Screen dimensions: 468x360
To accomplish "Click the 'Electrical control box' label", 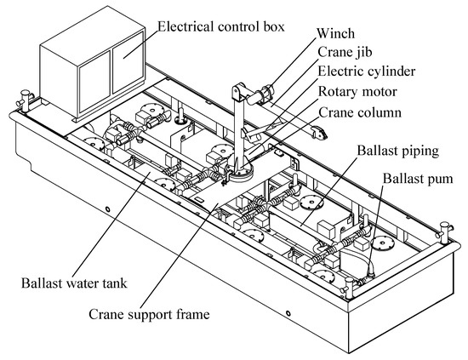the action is tap(221, 26).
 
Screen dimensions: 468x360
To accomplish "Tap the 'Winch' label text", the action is tap(335, 33).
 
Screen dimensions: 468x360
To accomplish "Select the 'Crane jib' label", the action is tap(345, 52).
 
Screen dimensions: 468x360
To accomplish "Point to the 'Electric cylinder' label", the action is tap(367, 71).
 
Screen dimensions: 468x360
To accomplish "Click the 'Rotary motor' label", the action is tap(357, 92).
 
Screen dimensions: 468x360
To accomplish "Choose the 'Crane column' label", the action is tap(360, 112).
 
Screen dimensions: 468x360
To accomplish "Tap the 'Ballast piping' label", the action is tap(398, 151).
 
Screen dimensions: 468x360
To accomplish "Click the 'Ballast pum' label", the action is tap(418, 179).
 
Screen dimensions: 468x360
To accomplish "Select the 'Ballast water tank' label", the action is tap(74, 283).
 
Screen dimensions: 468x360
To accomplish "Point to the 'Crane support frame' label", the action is tap(149, 315).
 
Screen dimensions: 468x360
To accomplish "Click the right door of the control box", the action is tap(128, 62).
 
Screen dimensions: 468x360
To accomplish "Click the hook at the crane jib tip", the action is tap(318, 132).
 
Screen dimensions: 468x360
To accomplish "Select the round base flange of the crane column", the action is tap(241, 173).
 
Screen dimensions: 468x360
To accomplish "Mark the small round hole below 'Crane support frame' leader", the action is tap(288, 313).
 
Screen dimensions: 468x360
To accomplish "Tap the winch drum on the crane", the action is tap(266, 91).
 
